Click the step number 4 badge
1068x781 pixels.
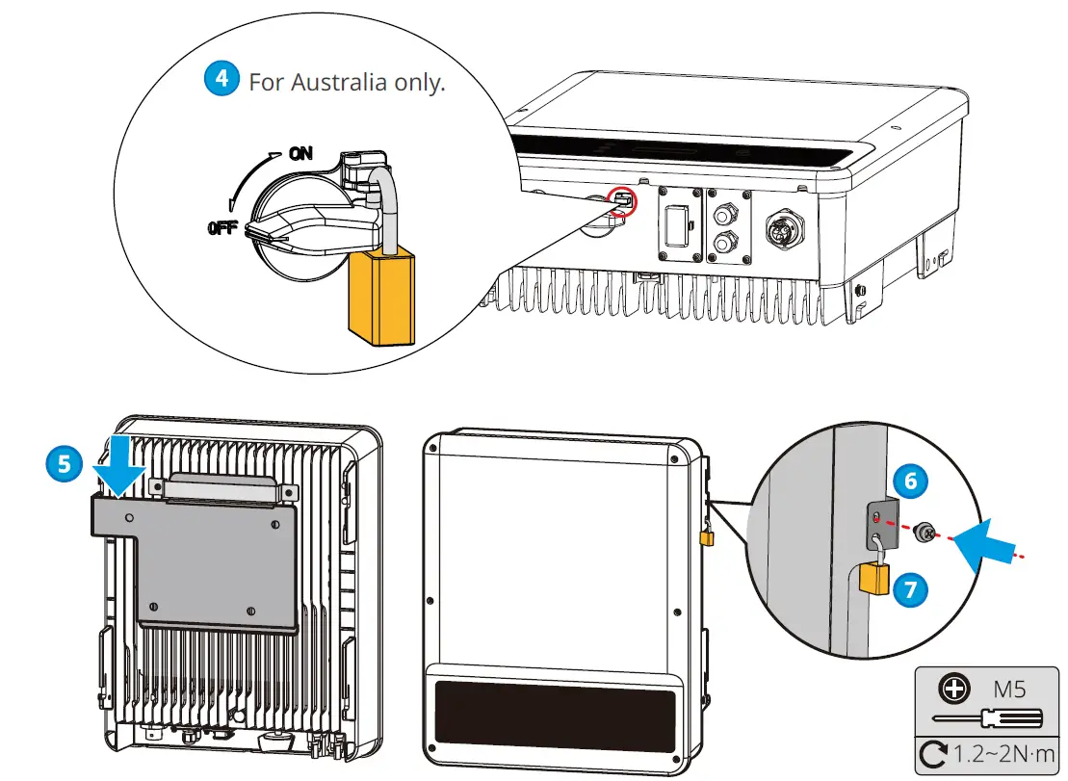coord(221,78)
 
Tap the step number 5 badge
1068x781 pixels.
coord(65,463)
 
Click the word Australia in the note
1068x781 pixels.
coord(343,82)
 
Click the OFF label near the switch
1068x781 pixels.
coord(222,229)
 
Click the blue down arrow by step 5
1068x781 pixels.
coord(119,466)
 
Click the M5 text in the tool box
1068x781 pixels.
coord(1011,689)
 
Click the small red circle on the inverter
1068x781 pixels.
coord(623,200)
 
